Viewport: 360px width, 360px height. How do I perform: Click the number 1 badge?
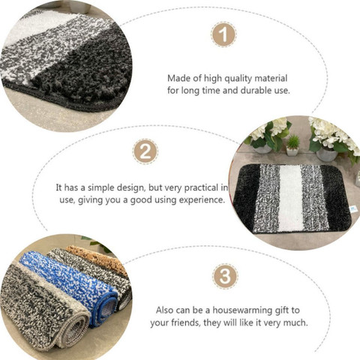click(223, 34)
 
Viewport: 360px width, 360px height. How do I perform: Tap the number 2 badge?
click(145, 151)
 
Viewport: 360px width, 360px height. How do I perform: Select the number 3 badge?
click(225, 277)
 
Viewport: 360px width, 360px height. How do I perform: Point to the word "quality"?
click(238, 79)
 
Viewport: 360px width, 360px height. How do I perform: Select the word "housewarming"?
click(242, 310)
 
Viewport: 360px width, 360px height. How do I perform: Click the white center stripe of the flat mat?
click(291, 198)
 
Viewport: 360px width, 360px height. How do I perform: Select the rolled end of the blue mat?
click(106, 309)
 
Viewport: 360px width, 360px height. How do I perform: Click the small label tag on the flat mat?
click(353, 209)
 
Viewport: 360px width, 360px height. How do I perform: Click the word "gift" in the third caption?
click(281, 310)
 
